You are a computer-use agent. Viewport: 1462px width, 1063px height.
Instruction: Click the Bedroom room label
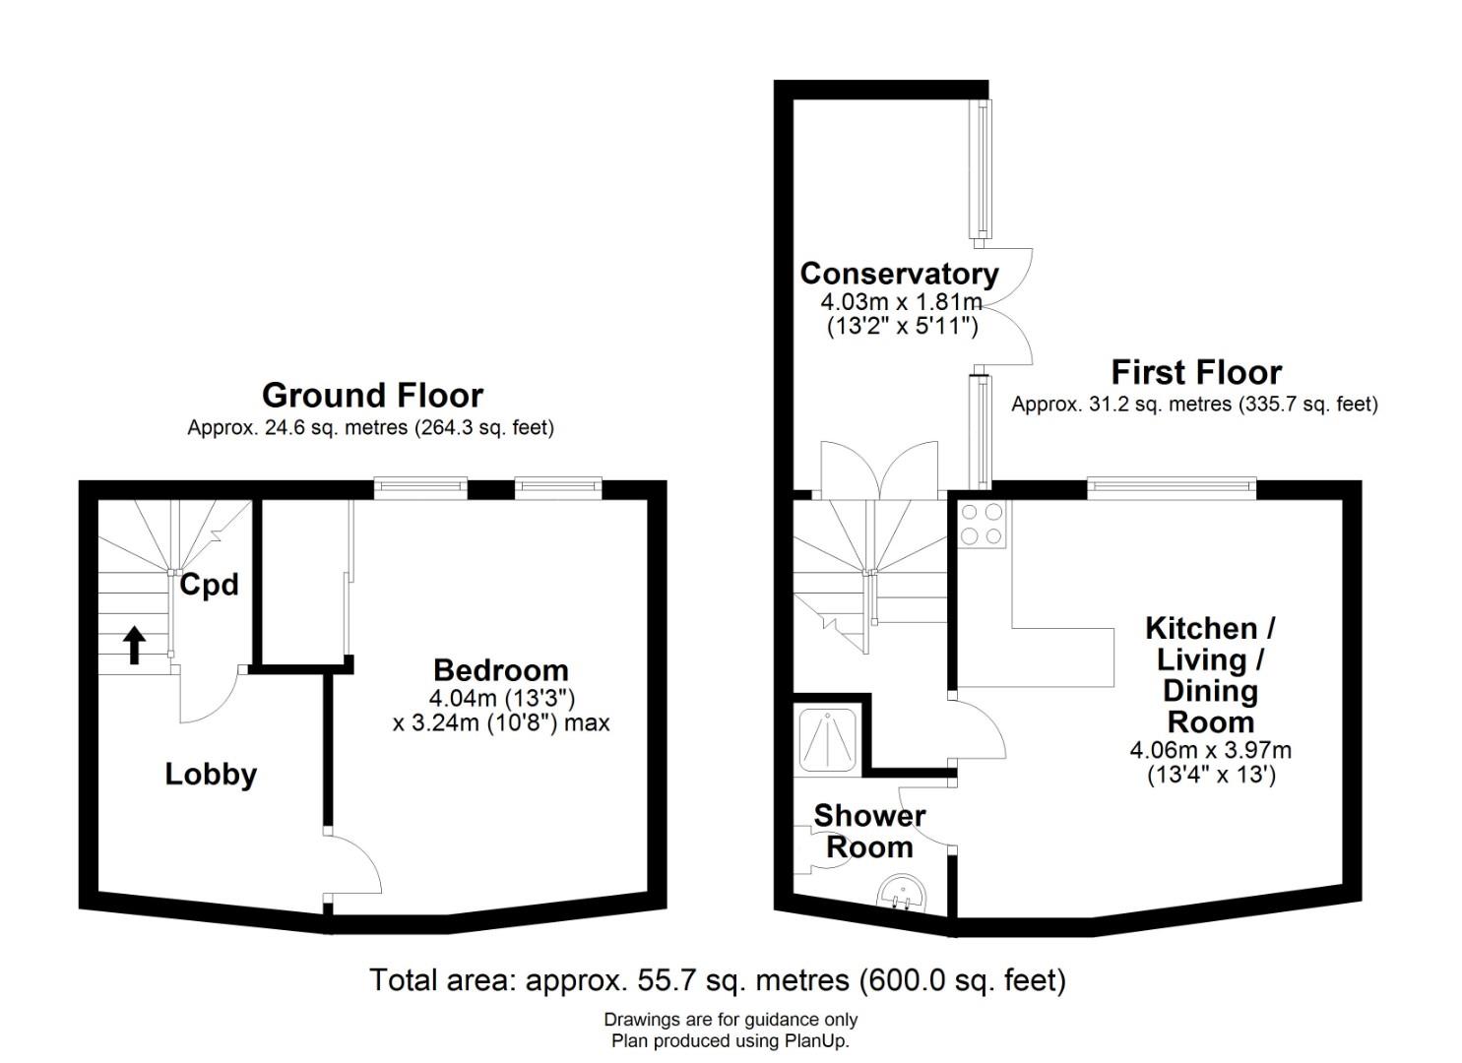pyautogui.click(x=500, y=670)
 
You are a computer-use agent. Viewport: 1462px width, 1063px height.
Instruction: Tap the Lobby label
pyautogui.click(x=211, y=775)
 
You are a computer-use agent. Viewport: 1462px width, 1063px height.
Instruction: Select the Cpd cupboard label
pyautogui.click(x=209, y=585)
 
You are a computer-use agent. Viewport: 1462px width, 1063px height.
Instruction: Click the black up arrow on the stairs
pyautogui.click(x=135, y=645)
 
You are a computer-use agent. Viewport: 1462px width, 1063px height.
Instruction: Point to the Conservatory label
pyautogui.click(x=900, y=274)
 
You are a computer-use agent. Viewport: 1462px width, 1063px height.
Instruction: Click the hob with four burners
pyautogui.click(x=982, y=524)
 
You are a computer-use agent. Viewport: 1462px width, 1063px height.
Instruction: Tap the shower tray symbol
pyautogui.click(x=828, y=739)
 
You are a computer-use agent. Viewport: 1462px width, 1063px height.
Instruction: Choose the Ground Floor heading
pyautogui.click(x=373, y=395)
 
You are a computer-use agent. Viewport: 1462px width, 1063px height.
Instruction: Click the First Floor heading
pyautogui.click(x=1196, y=373)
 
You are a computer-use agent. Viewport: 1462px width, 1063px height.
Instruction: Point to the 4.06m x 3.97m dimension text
pyautogui.click(x=1211, y=750)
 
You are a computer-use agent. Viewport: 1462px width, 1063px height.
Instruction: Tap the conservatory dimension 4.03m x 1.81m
pyautogui.click(x=902, y=302)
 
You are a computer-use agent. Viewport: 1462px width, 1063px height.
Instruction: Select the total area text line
pyautogui.click(x=718, y=979)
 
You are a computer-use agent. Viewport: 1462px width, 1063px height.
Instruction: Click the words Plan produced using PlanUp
pyautogui.click(x=731, y=1040)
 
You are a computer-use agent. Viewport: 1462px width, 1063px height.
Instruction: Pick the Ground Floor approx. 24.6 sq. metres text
pyautogui.click(x=371, y=428)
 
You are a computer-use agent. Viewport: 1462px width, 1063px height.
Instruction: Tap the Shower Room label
pyautogui.click(x=869, y=832)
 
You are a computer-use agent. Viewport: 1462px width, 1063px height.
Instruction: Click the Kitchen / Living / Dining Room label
pyautogui.click(x=1211, y=675)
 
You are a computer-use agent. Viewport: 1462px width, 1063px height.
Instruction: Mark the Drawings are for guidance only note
pyautogui.click(x=731, y=1020)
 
